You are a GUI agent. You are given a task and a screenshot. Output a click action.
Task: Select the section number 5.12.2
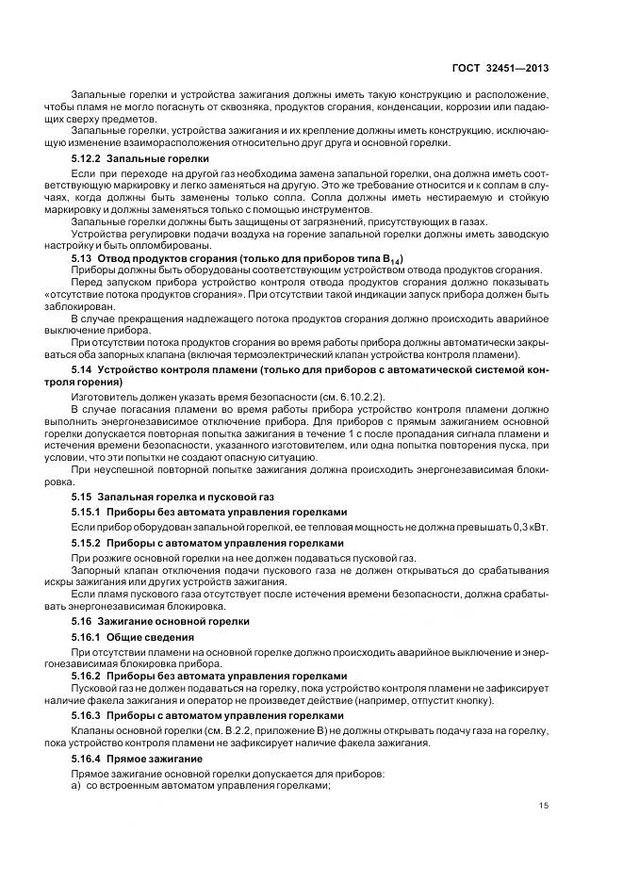click(88, 159)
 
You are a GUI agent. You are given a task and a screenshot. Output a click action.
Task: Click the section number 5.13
click(83, 257)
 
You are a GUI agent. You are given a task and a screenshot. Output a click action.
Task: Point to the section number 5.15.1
click(88, 512)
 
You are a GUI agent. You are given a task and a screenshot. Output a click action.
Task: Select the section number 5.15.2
click(88, 543)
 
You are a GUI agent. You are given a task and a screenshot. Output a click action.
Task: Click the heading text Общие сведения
click(141, 637)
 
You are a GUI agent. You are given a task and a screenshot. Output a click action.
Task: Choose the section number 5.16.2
click(88, 676)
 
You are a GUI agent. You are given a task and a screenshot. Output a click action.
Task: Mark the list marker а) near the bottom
click(76, 787)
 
